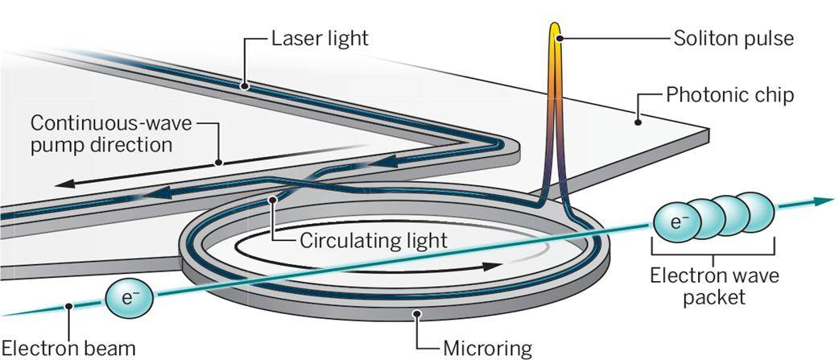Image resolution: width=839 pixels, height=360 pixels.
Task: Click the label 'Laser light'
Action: [320, 38]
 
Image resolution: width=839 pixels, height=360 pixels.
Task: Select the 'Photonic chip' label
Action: [730, 95]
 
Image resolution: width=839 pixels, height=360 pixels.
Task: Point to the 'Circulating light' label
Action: [373, 240]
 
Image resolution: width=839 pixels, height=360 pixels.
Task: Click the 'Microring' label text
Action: [488, 349]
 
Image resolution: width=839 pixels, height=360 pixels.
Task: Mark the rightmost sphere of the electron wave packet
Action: [758, 211]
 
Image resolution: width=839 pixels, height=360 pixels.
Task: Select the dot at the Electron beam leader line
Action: [71, 305]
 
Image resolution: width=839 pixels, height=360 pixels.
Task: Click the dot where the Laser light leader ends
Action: [245, 83]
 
